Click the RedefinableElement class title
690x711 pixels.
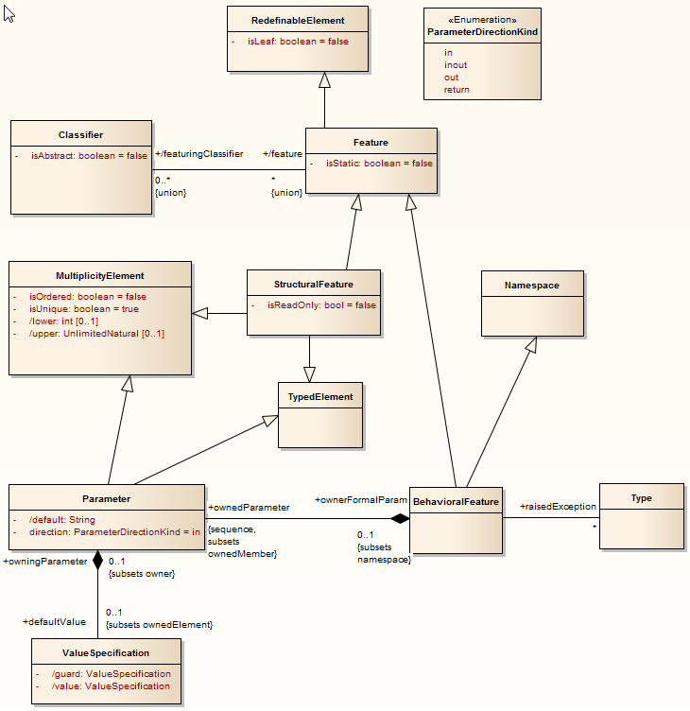pos(298,20)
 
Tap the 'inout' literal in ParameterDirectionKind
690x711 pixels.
pos(456,65)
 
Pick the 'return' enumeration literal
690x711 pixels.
pos(457,90)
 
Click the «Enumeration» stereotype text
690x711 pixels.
pos(482,19)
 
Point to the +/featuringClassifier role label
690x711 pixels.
pos(199,153)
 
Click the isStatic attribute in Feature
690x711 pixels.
pos(379,163)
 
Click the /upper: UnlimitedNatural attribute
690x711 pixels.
pos(96,334)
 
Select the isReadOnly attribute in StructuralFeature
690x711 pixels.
pos(320,305)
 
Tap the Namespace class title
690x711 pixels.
pos(531,285)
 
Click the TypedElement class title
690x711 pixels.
pos(320,397)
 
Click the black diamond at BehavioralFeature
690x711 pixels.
pos(401,518)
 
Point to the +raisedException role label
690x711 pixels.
pos(558,507)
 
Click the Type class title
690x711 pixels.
pos(641,497)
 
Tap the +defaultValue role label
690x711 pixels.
pos(54,621)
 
